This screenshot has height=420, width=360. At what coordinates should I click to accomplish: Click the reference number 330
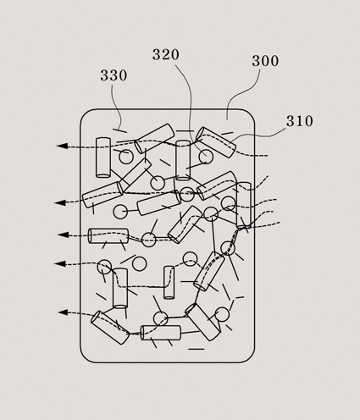114,75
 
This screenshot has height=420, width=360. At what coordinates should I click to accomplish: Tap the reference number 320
166,54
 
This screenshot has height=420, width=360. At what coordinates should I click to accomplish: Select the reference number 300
265,61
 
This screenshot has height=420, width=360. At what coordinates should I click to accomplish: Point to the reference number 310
300,121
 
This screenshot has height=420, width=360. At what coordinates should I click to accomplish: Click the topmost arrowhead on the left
62,146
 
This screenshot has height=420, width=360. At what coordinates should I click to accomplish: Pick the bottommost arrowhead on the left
64,312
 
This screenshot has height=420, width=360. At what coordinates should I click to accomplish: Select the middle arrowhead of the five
63,235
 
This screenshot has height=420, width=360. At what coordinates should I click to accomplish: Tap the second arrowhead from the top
60,202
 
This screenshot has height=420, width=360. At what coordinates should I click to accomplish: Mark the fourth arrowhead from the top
60,263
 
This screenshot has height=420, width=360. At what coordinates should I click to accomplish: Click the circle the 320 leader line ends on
206,157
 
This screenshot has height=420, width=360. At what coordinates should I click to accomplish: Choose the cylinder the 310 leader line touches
216,142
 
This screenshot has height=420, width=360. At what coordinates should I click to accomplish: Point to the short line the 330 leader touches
119,130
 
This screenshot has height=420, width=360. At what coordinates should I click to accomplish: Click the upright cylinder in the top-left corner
103,157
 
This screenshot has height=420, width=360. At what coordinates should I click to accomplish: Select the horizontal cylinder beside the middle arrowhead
108,236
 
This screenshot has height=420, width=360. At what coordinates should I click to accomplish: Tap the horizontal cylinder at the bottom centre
160,333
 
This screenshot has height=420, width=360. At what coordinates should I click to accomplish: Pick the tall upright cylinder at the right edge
243,205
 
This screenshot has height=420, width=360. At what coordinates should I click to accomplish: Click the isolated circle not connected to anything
139,263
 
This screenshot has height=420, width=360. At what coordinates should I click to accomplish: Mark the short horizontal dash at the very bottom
197,349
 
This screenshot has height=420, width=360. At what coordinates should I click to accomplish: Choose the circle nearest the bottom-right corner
222,314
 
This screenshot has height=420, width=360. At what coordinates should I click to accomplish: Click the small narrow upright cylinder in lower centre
169,283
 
